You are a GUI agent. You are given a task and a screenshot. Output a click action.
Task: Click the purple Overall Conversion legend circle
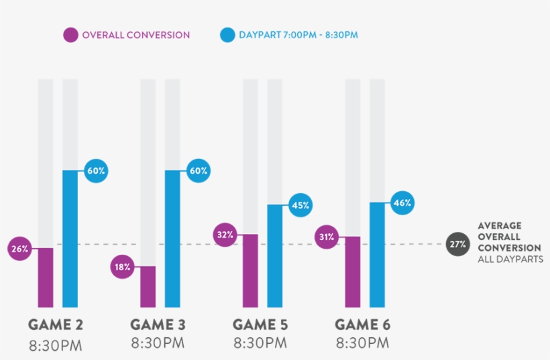71,35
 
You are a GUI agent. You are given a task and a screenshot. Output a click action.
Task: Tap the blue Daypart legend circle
227,35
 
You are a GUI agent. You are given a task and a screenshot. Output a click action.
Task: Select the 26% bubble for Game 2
19,249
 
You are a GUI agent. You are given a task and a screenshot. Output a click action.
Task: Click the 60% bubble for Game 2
96,171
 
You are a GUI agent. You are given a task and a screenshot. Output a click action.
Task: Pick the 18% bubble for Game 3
122,267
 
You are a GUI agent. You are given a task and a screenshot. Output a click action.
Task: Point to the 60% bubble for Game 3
199,171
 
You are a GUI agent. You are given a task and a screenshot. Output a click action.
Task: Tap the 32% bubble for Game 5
225,235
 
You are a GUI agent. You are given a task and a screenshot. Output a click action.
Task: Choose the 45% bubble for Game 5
300,205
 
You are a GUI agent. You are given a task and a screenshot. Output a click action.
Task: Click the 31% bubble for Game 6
327,237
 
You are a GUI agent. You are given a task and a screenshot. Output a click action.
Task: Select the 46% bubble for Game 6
402,202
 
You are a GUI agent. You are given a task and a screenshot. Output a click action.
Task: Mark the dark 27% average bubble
458,244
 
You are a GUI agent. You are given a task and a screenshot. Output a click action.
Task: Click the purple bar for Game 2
45,278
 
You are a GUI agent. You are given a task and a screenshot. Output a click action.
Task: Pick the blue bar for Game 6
378,255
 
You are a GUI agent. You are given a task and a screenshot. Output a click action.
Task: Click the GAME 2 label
56,325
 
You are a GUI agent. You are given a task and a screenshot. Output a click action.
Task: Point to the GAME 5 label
260,325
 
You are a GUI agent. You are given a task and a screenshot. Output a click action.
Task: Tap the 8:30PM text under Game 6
362,345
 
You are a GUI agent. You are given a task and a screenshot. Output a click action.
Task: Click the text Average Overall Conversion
500,237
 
